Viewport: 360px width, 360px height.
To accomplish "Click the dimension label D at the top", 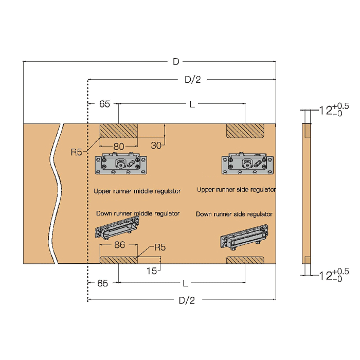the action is [x=176, y=62].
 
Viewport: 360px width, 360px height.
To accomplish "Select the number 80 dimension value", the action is [x=119, y=146].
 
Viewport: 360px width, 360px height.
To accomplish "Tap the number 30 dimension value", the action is [x=156, y=146].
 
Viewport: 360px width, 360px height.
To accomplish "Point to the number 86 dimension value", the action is [x=119, y=245].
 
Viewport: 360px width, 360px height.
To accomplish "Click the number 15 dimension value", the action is [x=152, y=271].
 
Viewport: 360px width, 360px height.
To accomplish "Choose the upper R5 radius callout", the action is [x=77, y=152].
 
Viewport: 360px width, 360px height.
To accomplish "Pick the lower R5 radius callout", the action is [x=160, y=247].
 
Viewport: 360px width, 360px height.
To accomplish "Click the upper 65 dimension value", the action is [x=104, y=104].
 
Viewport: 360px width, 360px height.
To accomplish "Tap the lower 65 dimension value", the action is [x=102, y=283].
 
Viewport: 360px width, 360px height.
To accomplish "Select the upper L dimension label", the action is [x=192, y=104].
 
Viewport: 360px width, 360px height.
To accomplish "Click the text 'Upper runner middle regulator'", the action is [x=137, y=191].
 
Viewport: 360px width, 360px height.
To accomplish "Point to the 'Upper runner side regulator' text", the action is [x=237, y=190].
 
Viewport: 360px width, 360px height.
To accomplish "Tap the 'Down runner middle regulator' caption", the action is [x=138, y=213].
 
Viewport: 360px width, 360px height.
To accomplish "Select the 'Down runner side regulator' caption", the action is [x=234, y=214].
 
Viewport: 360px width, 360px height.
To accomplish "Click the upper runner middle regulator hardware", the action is [x=121, y=163].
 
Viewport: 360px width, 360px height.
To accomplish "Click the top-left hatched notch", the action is [x=119, y=131].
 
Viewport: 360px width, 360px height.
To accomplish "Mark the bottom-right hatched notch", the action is [x=245, y=260].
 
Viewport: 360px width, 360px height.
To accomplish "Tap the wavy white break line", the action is [x=56, y=194].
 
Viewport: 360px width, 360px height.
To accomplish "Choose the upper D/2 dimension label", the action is [x=193, y=80].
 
